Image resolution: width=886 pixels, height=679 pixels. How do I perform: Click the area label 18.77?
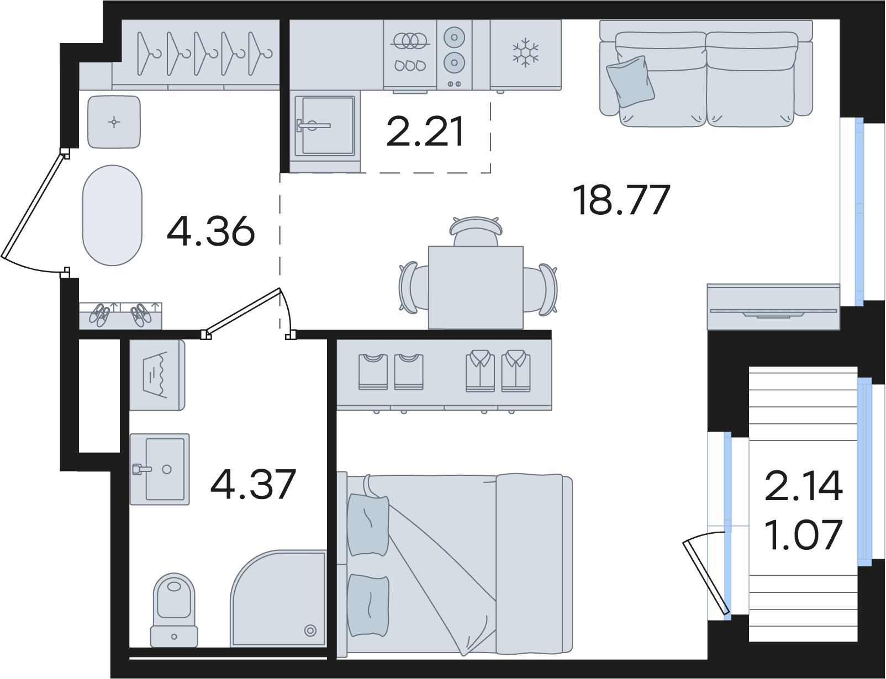pos(621,200)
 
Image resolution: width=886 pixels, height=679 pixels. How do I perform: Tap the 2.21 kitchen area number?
pos(425,131)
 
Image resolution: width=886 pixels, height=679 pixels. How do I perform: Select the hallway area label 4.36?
pos(211,231)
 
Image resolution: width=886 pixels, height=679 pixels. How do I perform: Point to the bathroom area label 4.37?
pos(253,484)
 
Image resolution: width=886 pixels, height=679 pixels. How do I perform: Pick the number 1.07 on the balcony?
pos(803,534)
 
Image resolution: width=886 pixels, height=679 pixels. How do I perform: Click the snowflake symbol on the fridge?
pos(525,53)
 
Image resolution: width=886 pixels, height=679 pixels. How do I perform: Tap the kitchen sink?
pos(325,126)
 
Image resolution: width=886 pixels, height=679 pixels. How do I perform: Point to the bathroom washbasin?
pos(160,469)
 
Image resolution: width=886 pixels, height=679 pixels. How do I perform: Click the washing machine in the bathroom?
pos(157,375)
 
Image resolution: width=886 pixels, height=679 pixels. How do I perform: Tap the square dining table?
pos(476,288)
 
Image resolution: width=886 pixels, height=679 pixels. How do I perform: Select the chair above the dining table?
pos(476,231)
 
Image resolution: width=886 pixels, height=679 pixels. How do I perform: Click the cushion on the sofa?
pos(630,82)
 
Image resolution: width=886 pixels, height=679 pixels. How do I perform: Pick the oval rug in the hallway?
pos(113,215)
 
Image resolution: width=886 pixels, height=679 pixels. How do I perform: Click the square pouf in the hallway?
pos(114,122)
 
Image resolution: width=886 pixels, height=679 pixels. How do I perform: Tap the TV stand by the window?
pos(773,307)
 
